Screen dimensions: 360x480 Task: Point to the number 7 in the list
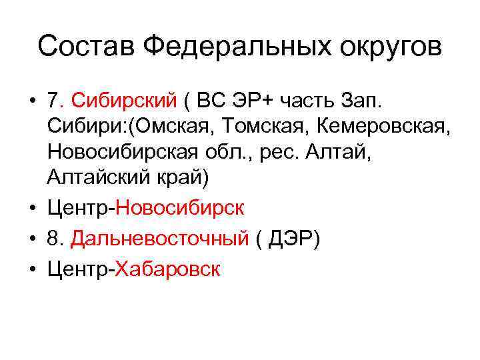pos(53,101)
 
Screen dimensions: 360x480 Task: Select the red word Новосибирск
pos(180,209)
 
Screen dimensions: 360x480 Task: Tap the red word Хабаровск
pos(167,269)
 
